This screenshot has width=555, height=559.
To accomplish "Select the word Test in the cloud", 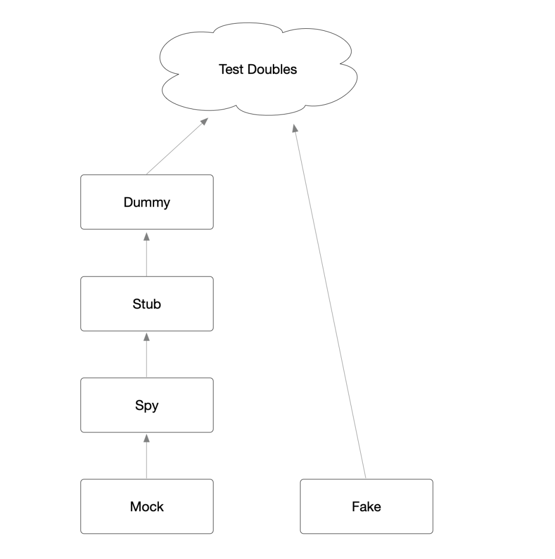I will click(x=230, y=69).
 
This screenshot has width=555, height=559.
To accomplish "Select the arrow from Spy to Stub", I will click(x=146, y=357).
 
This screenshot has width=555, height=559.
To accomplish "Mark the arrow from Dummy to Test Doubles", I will click(x=175, y=148).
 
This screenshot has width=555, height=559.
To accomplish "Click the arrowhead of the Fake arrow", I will click(x=295, y=128).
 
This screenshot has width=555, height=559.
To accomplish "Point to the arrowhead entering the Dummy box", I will click(x=146, y=236).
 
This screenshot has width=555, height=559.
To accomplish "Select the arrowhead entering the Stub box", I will click(x=146, y=337).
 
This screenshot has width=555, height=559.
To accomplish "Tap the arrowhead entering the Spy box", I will click(x=146, y=438).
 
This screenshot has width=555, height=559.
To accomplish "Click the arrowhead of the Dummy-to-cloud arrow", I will click(x=204, y=121).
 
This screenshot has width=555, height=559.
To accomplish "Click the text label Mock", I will click(x=146, y=507).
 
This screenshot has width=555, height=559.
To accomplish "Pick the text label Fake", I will click(x=366, y=507).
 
